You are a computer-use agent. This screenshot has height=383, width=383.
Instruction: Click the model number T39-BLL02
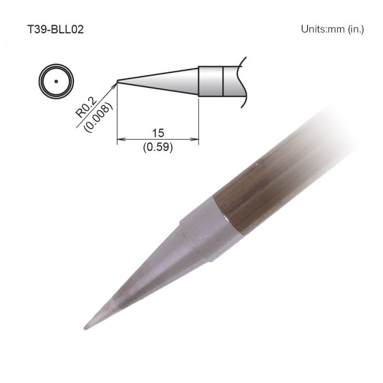point(55,28)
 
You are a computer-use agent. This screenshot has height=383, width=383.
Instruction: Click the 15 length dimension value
point(159,133)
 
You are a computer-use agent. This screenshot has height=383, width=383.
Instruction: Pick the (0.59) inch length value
point(158,147)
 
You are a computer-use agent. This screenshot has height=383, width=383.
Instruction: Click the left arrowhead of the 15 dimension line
point(120,140)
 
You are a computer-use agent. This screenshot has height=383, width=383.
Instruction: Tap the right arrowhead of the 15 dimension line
point(195,140)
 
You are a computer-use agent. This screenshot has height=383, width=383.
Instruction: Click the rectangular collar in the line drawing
point(210,81)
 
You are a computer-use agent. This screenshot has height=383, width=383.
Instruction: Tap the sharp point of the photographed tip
point(85,328)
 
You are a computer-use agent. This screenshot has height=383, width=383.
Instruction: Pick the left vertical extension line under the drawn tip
point(117,115)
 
